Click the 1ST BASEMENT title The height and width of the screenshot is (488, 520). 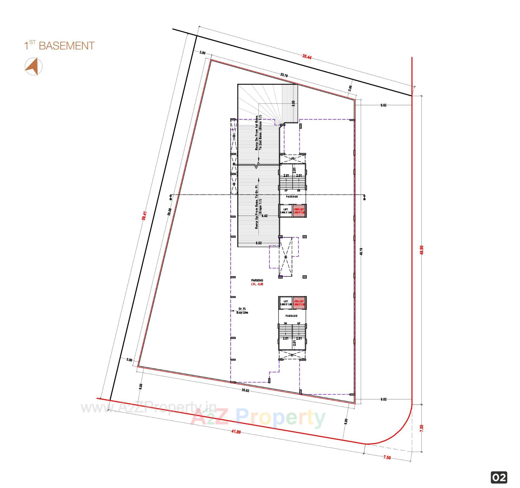click(59, 46)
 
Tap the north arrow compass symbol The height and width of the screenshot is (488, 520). click(34, 66)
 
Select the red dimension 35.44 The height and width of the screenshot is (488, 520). click(307, 57)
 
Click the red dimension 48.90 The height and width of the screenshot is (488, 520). click(421, 250)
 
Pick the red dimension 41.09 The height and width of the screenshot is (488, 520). click(236, 432)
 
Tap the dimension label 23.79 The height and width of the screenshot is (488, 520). click(284, 75)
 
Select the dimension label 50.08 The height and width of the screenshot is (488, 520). click(170, 211)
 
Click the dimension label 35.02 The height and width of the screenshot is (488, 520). click(245, 390)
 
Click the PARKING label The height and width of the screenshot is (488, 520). click(257, 280)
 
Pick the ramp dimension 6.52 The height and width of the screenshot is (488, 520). click(259, 243)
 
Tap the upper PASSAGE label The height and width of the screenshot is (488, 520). click(292, 197)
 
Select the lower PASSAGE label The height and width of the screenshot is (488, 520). click(291, 316)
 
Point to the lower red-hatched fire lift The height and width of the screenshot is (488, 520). click(299, 303)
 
